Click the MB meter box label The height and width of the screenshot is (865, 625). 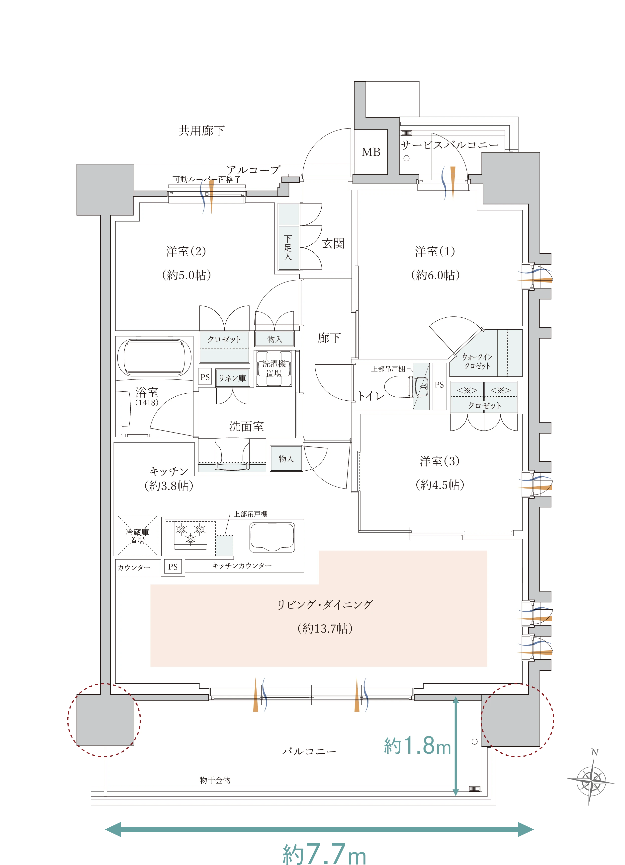tap(371, 152)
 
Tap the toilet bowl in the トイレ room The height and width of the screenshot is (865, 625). tap(399, 387)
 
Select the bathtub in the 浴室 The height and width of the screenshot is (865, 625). tap(154, 357)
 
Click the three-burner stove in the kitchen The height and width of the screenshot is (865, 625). tap(190, 535)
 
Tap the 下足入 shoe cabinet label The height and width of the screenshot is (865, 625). tap(288, 248)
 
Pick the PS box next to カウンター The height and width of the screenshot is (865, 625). tap(173, 567)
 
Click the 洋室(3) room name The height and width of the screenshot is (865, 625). tap(440, 461)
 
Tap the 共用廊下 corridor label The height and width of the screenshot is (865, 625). tap(201, 131)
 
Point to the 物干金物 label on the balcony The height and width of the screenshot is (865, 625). tap(215, 780)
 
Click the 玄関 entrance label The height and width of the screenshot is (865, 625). tap(333, 244)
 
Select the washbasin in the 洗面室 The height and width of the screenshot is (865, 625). tap(232, 455)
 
